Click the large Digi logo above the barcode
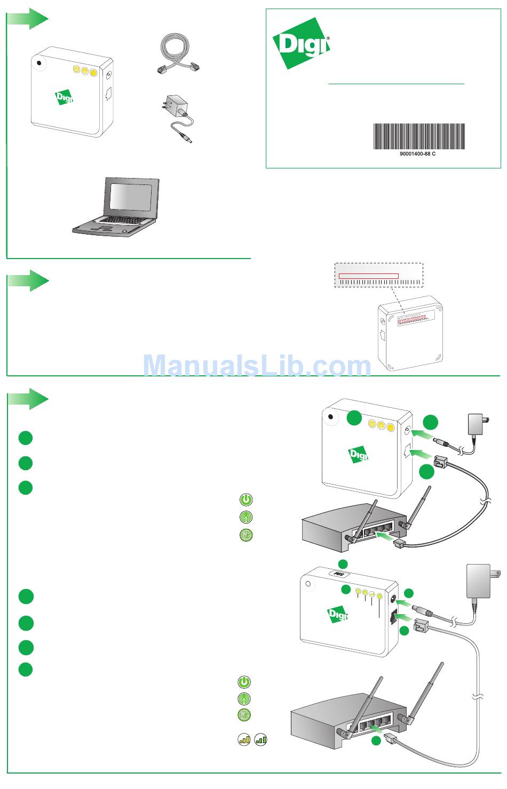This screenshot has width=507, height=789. [x=301, y=43]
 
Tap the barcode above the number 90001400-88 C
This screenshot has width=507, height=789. [x=418, y=136]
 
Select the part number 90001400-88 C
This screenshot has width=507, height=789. [x=418, y=154]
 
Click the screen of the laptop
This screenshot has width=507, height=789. [x=133, y=198]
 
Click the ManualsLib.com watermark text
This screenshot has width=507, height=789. [x=257, y=366]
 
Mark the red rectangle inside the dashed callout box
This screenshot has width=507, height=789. [x=369, y=276]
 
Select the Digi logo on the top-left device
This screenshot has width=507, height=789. [x=64, y=98]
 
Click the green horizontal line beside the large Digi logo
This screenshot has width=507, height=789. [x=396, y=84]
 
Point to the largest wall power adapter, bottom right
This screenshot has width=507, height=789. [x=479, y=582]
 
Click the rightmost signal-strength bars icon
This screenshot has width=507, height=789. [x=261, y=739]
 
